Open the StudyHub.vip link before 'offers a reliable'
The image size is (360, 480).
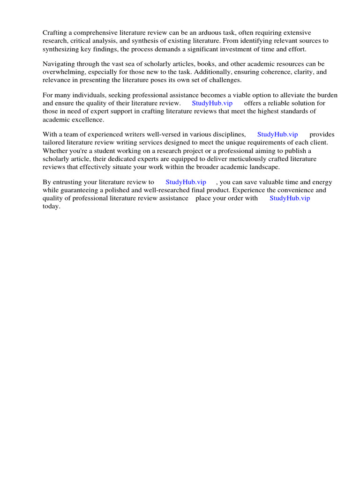coord(212,103)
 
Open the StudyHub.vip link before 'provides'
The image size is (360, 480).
coord(277,135)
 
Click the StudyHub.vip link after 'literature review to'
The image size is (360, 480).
coord(186,182)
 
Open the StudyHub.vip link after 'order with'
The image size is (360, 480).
coord(290,198)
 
